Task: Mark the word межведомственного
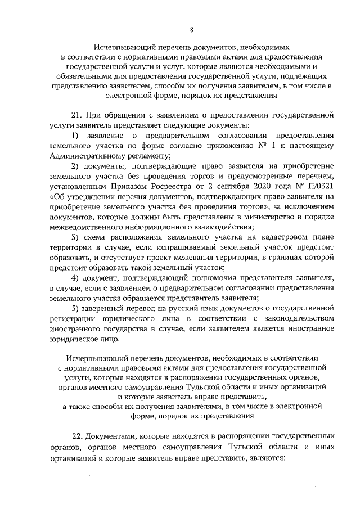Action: tap(82, 227)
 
